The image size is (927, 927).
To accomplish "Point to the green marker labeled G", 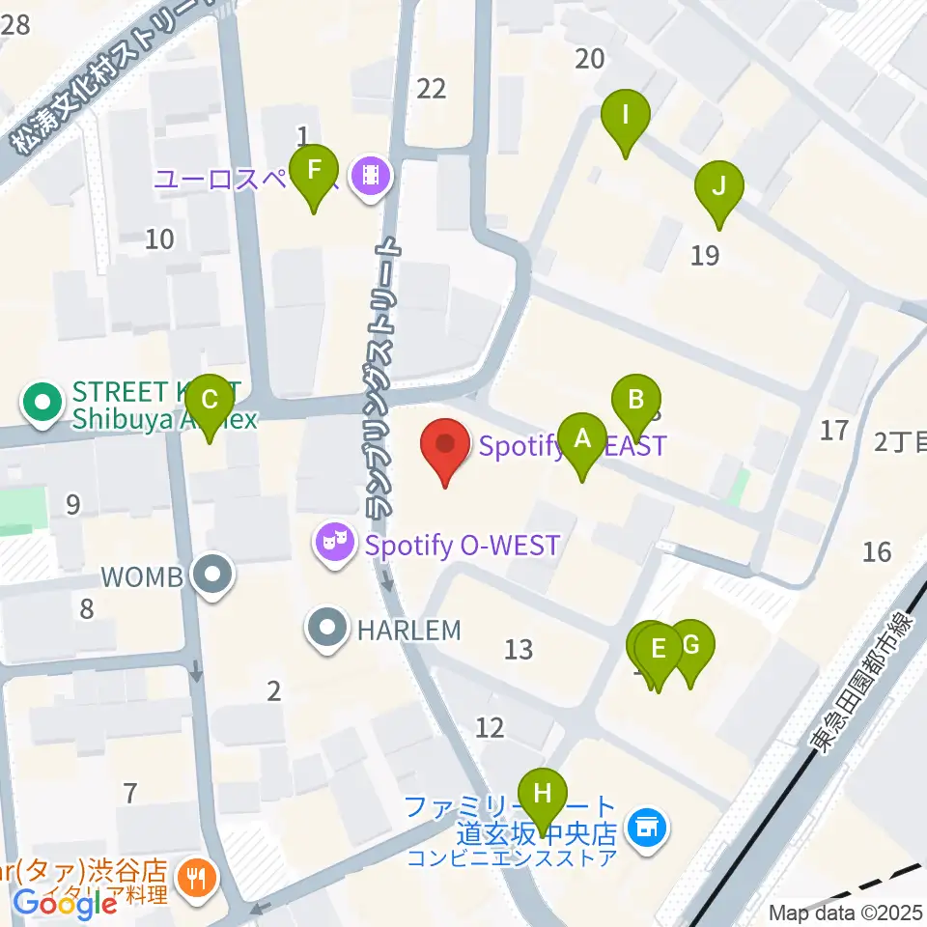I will (690, 647).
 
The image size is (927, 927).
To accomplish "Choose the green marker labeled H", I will (544, 795).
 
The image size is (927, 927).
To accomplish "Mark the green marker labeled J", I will (718, 188).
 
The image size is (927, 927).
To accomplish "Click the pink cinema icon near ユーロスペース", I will (371, 177).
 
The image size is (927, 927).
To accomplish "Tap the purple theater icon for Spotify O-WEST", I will (334, 546).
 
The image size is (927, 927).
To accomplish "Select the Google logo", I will (66, 904).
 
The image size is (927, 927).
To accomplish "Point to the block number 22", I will (431, 89).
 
